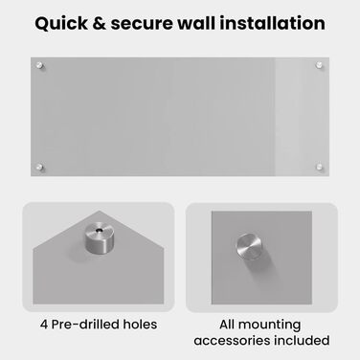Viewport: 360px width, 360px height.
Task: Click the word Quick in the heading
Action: coord(61,24)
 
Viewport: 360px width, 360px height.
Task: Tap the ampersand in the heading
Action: coord(99,24)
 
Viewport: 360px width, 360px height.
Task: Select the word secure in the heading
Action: coord(142,24)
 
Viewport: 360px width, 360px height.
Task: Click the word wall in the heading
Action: coord(196,23)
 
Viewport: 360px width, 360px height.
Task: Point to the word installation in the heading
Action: coord(273,23)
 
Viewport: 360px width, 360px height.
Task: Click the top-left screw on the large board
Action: coord(39,65)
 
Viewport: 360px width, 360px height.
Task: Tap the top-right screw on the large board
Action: coord(319,65)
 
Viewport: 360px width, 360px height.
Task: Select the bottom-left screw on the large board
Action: coord(39,167)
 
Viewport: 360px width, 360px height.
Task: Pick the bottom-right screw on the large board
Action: coord(319,167)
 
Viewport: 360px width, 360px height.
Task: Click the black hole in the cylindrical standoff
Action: coord(101,229)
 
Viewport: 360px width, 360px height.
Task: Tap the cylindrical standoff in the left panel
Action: coord(100,238)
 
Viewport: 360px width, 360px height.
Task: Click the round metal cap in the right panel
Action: coord(249,246)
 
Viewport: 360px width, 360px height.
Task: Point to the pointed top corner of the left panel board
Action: coord(99,211)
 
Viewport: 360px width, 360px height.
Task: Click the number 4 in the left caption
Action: coord(44,325)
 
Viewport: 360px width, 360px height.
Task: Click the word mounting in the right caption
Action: coord(269,326)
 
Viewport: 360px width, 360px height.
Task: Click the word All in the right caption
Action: coord(227,325)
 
